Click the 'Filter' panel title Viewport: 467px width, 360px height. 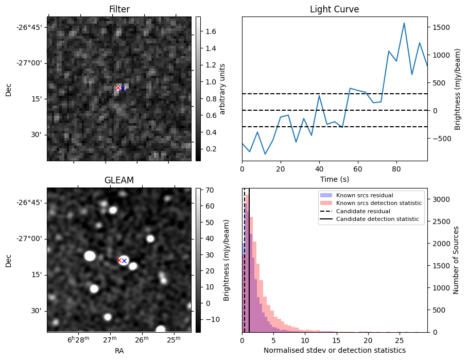119,9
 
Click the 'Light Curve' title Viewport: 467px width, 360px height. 334,9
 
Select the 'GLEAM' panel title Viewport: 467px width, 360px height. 119,180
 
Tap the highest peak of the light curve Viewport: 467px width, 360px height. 404,23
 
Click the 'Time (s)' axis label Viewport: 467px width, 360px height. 334,179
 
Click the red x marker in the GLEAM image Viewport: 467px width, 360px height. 119,260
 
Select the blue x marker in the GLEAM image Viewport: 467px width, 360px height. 124,261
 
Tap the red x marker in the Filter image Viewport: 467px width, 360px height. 118,88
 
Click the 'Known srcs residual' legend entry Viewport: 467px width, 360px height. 364,196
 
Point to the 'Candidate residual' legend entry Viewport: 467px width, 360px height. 364,212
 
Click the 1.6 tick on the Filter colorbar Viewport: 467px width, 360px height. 210,31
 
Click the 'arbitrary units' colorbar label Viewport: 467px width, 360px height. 223,89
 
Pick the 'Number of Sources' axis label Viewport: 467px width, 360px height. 456,260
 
